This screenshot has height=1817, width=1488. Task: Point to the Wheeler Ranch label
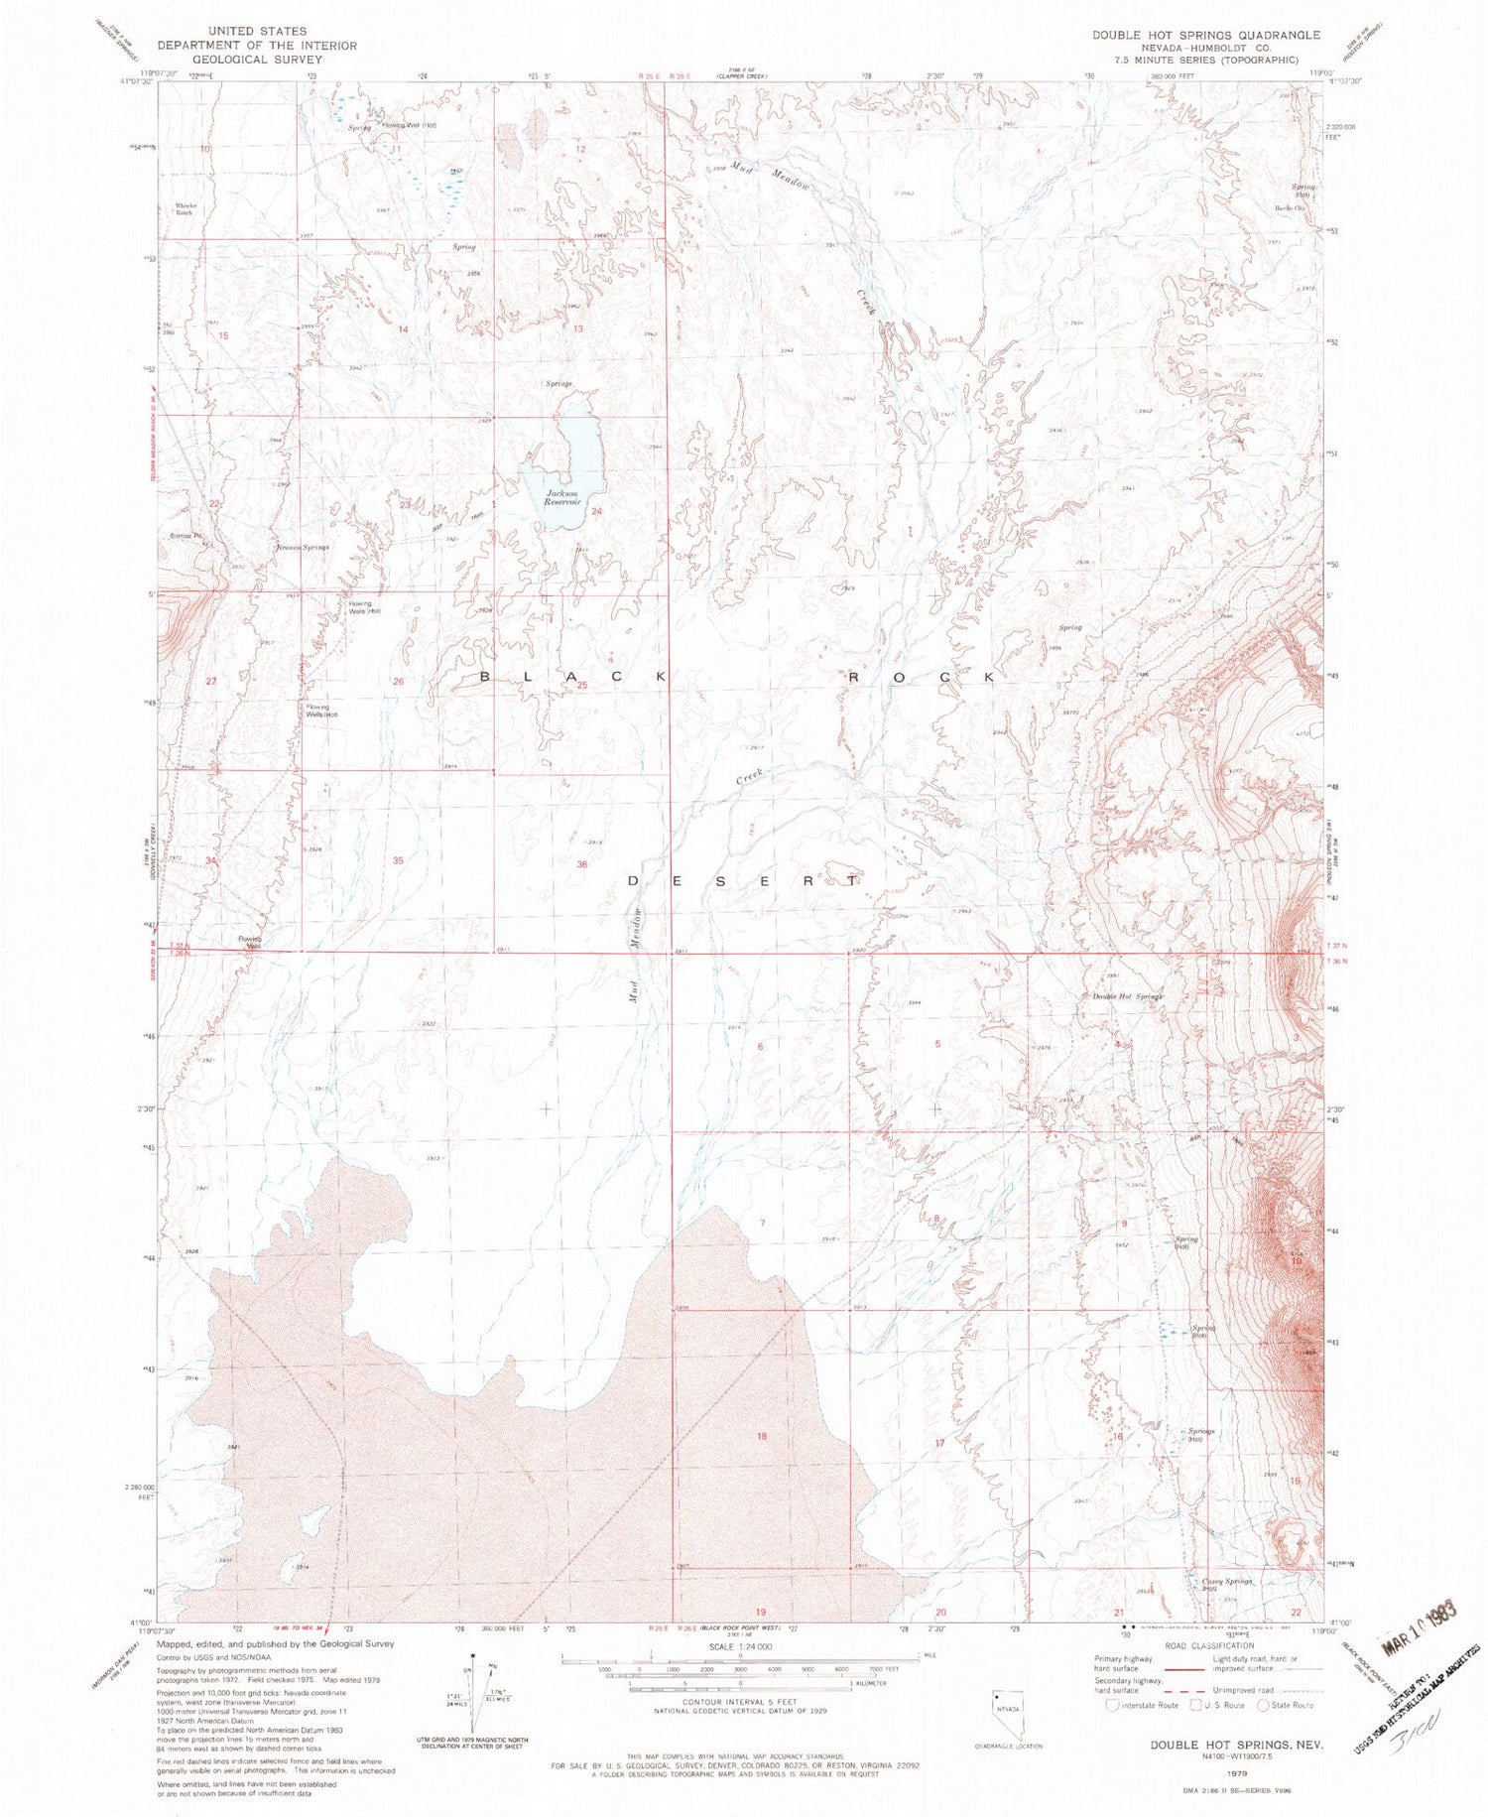pyautogui.click(x=186, y=209)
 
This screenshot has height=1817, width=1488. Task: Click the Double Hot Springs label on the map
pyautogui.click(x=1126, y=996)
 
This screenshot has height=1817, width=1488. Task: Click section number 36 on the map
pyautogui.click(x=582, y=864)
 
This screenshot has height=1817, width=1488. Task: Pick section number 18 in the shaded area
pyautogui.click(x=762, y=1436)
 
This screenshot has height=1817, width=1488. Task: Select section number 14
pyautogui.click(x=404, y=328)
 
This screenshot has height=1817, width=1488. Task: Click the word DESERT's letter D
pyautogui.click(x=636, y=880)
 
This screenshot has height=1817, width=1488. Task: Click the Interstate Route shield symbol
pyautogui.click(x=1114, y=1705)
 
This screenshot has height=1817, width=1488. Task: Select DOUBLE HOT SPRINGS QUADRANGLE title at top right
pyautogui.click(x=1205, y=35)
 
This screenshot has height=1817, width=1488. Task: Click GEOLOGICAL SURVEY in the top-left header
pyautogui.click(x=256, y=59)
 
